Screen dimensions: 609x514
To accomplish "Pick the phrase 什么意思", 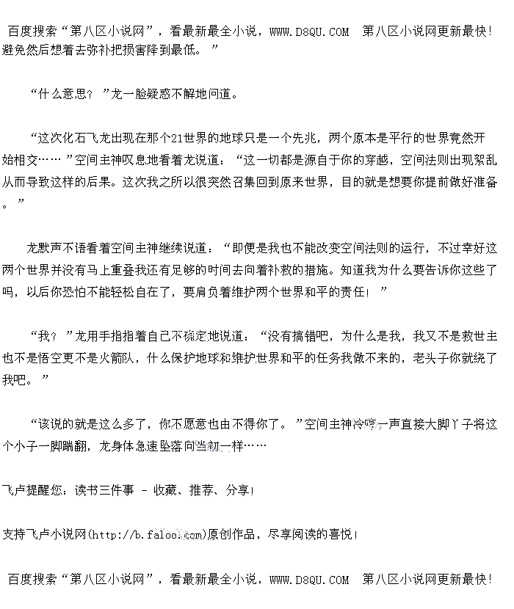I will click(x=60, y=95).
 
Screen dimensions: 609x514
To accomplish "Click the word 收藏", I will click(x=166, y=490).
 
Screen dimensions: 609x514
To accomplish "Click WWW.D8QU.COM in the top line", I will click(x=309, y=32).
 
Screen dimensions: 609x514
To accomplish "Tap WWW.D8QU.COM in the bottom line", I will click(x=309, y=580).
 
